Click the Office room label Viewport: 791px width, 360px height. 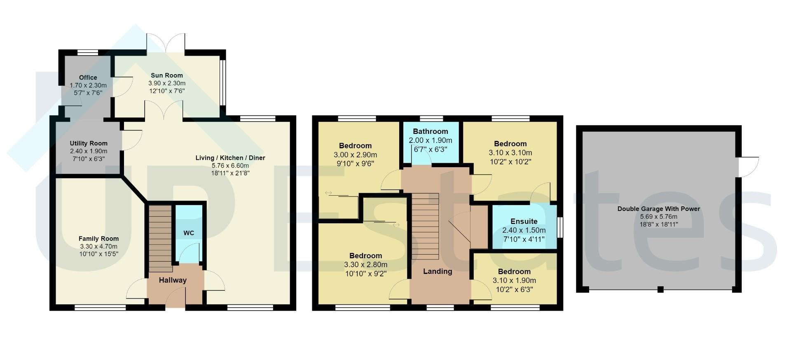[x=88, y=77]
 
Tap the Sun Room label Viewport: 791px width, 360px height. [x=167, y=75]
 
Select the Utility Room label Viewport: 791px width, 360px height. [x=89, y=143]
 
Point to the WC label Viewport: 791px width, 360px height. [x=189, y=233]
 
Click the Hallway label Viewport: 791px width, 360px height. [x=173, y=280]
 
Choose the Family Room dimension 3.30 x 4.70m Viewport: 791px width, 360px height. [x=99, y=246]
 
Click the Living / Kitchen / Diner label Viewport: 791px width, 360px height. [x=230, y=158]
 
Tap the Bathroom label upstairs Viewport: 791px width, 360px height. [x=431, y=131]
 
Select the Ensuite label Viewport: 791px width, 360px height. [x=524, y=221]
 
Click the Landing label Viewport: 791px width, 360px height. [x=438, y=271]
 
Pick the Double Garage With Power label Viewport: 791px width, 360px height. [x=659, y=209]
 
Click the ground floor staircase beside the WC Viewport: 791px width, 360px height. [x=160, y=238]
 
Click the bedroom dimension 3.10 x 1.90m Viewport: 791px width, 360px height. [x=514, y=281]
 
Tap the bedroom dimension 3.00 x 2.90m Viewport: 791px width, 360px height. [x=356, y=155]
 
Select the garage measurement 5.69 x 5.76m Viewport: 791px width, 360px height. [x=659, y=217]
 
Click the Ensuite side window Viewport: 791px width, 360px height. [x=560, y=227]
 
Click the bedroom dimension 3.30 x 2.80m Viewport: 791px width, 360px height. [x=365, y=265]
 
